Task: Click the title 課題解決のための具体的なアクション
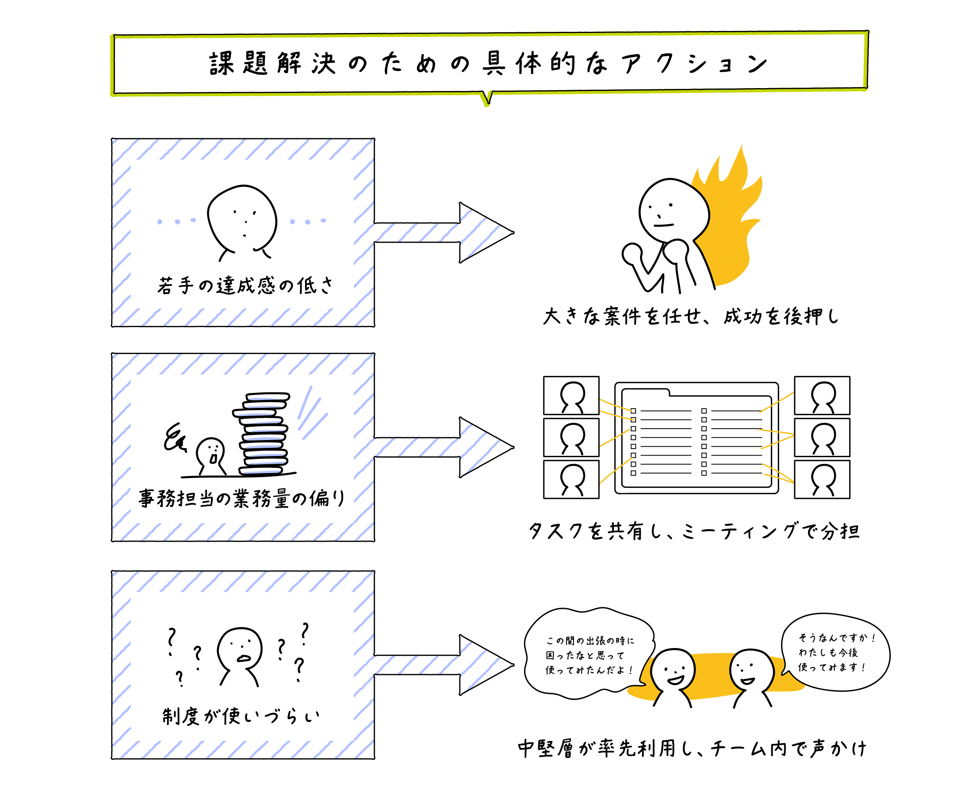coord(488,64)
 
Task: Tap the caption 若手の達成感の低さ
coord(245,285)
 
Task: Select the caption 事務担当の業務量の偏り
coord(241,499)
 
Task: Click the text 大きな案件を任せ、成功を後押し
coord(691,316)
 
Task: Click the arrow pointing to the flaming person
coord(443,232)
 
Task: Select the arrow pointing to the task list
coord(443,447)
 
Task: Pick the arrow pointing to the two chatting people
coord(443,665)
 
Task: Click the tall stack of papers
coord(264,434)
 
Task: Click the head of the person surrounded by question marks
coord(240,648)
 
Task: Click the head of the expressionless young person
coord(242,217)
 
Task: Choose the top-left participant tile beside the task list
coord(571,396)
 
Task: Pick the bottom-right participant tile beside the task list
coord(822,479)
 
